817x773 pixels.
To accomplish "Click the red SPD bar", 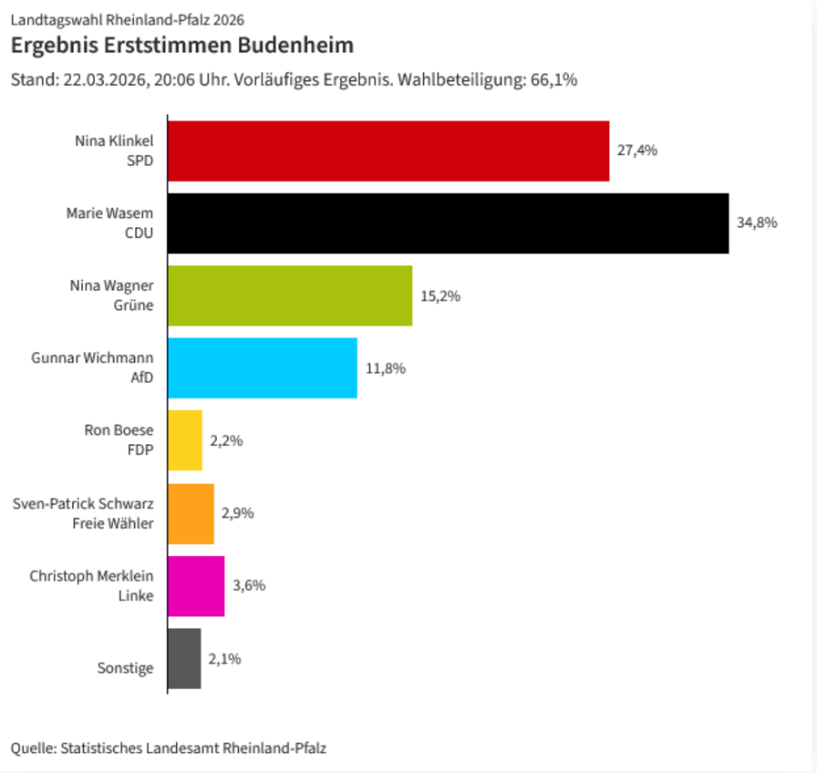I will pyautogui.click(x=388, y=151).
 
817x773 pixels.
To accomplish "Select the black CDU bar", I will pyautogui.click(x=448, y=223).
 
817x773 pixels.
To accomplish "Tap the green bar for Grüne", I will pyautogui.click(x=290, y=295).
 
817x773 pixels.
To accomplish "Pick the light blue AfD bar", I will pyautogui.click(x=263, y=367).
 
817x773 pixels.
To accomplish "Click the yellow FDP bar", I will pyautogui.click(x=185, y=440).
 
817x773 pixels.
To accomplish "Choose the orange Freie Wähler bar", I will pyautogui.click(x=191, y=513).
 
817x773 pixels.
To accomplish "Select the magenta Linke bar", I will pyautogui.click(x=196, y=585).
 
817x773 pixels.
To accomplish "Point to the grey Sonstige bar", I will pyautogui.click(x=184, y=658).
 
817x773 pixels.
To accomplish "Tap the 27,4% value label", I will pyautogui.click(x=637, y=150).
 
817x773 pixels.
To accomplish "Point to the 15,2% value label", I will pyautogui.click(x=440, y=295).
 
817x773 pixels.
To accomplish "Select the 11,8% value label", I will pyautogui.click(x=385, y=368).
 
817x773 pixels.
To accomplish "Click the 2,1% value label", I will pyautogui.click(x=224, y=658).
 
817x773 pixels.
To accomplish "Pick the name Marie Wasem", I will pyautogui.click(x=109, y=213).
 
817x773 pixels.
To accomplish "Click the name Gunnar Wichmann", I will pyautogui.click(x=92, y=358).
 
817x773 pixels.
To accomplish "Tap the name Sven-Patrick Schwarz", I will pyautogui.click(x=83, y=503).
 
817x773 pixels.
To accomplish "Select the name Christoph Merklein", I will pyautogui.click(x=91, y=576).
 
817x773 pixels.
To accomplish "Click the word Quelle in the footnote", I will pyautogui.click(x=32, y=748).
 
